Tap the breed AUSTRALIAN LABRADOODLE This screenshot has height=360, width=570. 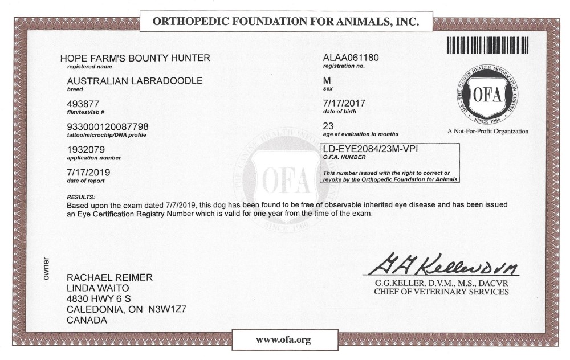click(x=135, y=81)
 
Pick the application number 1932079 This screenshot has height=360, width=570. click(x=84, y=149)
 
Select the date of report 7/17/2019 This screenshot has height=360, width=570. click(x=88, y=171)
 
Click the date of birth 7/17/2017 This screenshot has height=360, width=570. click(x=344, y=104)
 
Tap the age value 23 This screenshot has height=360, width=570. click(x=328, y=126)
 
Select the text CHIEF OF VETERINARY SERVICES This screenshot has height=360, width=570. click(x=441, y=292)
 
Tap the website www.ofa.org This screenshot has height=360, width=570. click(x=283, y=340)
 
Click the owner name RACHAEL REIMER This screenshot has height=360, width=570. click(x=109, y=277)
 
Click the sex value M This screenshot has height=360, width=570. click(x=327, y=81)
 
